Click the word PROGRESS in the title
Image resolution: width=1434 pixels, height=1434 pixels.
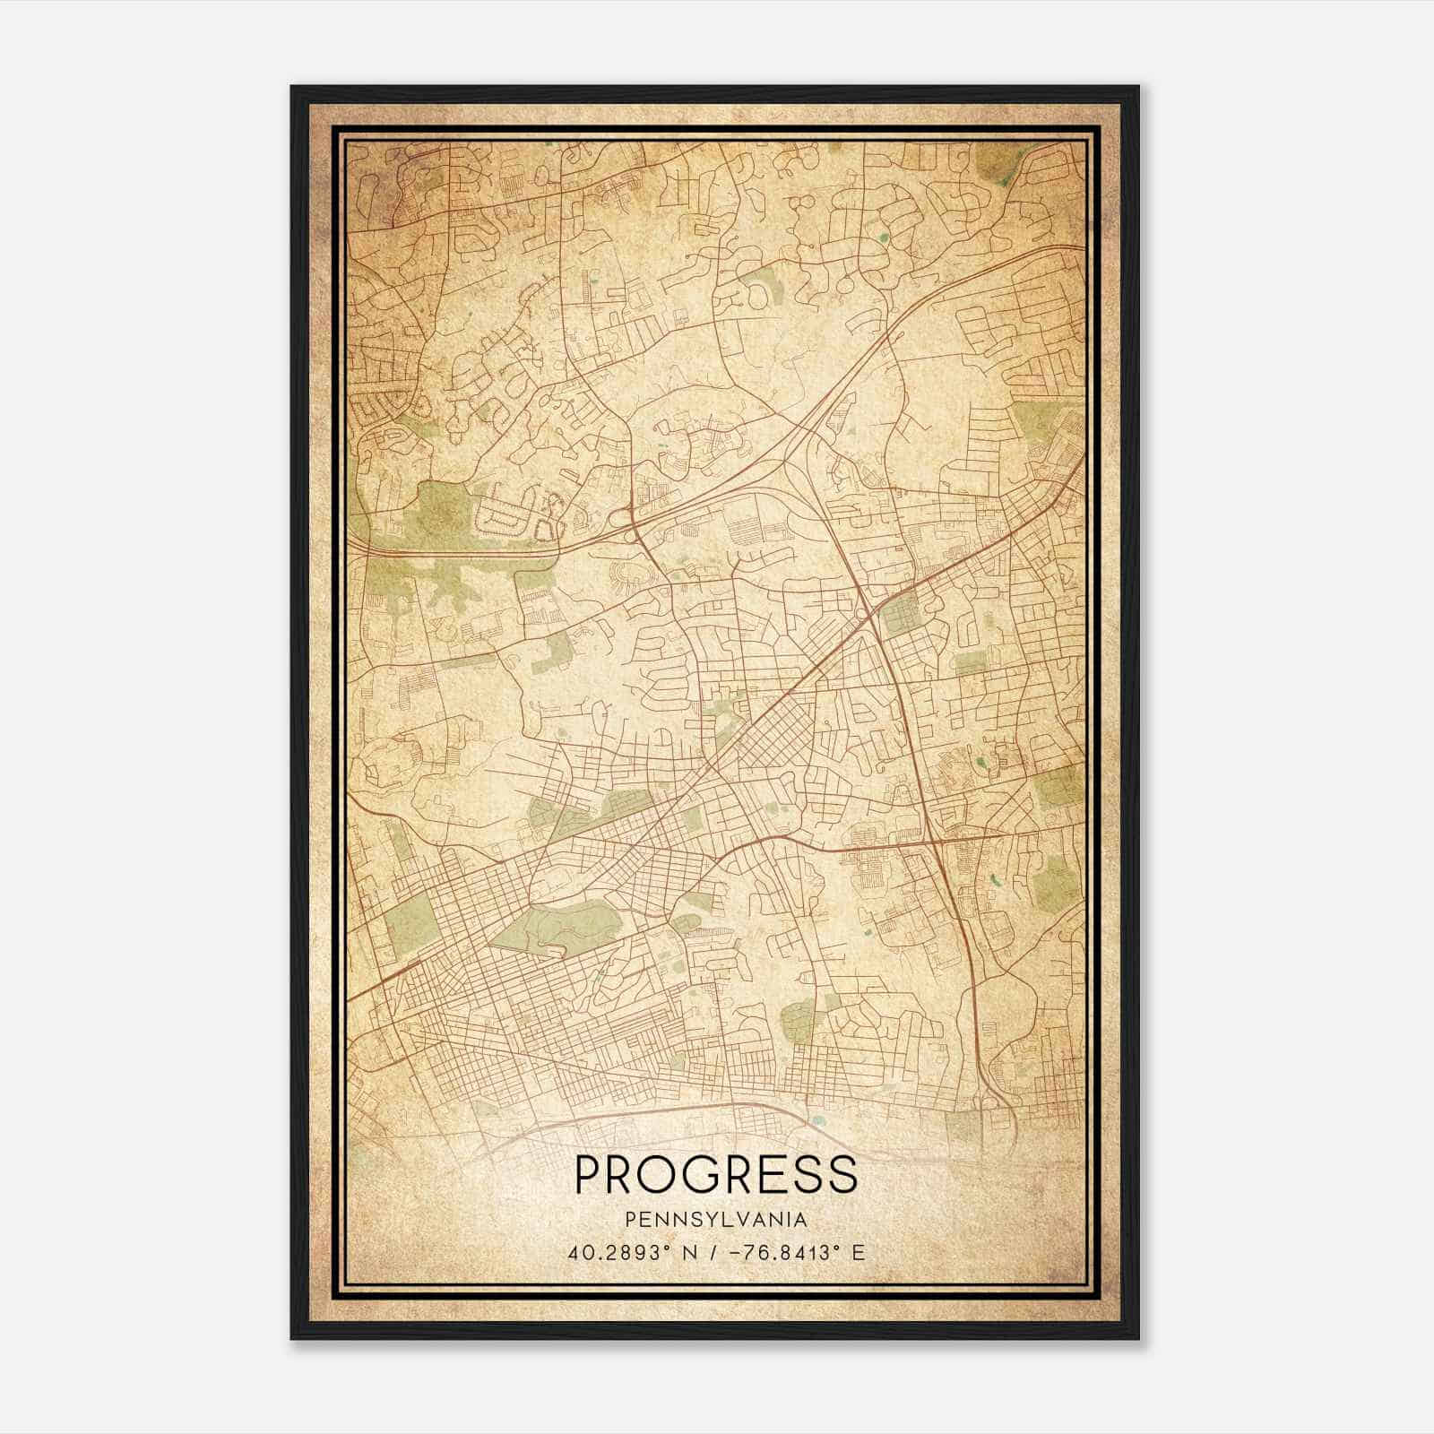pyautogui.click(x=715, y=1175)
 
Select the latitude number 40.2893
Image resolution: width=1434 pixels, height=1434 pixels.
pyautogui.click(x=610, y=1253)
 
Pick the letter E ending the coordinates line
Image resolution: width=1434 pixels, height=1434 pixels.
pyautogui.click(x=860, y=1253)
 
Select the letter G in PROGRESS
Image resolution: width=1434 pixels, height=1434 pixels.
pyautogui.click(x=706, y=1175)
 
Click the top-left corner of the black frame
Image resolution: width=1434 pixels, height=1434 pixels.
pyautogui.click(x=292, y=87)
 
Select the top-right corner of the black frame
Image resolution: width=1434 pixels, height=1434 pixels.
pyautogui.click(x=1137, y=87)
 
